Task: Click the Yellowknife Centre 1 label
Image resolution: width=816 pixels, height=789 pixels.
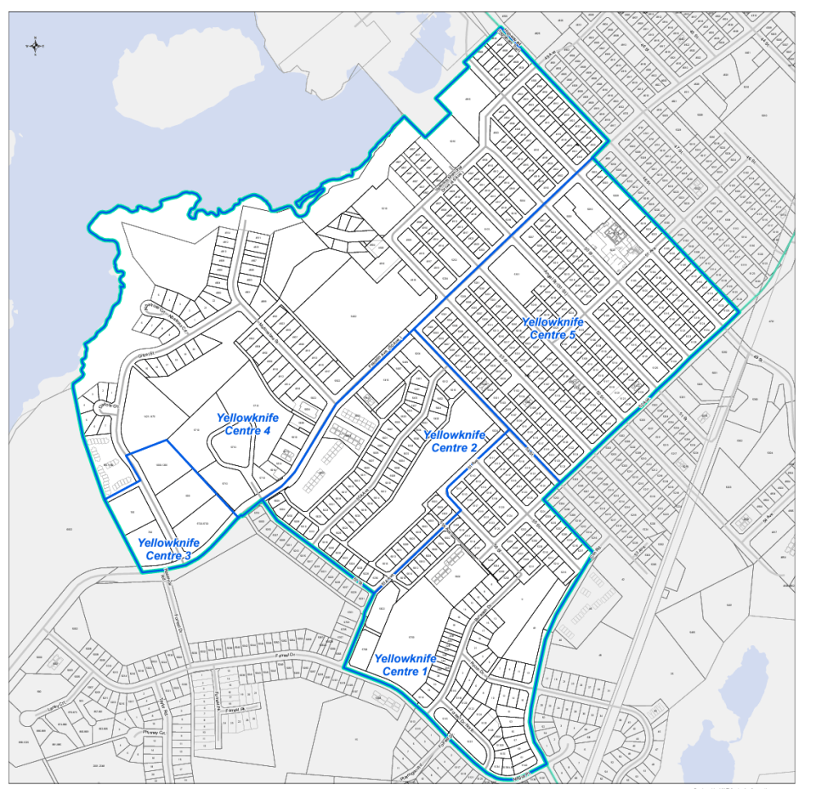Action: pyautogui.click(x=405, y=665)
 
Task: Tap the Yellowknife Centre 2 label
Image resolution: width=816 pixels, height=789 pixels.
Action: pyautogui.click(x=454, y=441)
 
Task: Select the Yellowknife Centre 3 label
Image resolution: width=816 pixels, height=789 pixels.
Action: pyautogui.click(x=168, y=549)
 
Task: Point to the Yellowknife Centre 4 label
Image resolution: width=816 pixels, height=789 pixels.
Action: pyautogui.click(x=247, y=424)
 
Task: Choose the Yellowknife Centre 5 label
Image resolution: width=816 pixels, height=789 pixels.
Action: pyautogui.click(x=552, y=329)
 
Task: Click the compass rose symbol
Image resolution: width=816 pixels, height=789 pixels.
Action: pyautogui.click(x=36, y=45)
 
